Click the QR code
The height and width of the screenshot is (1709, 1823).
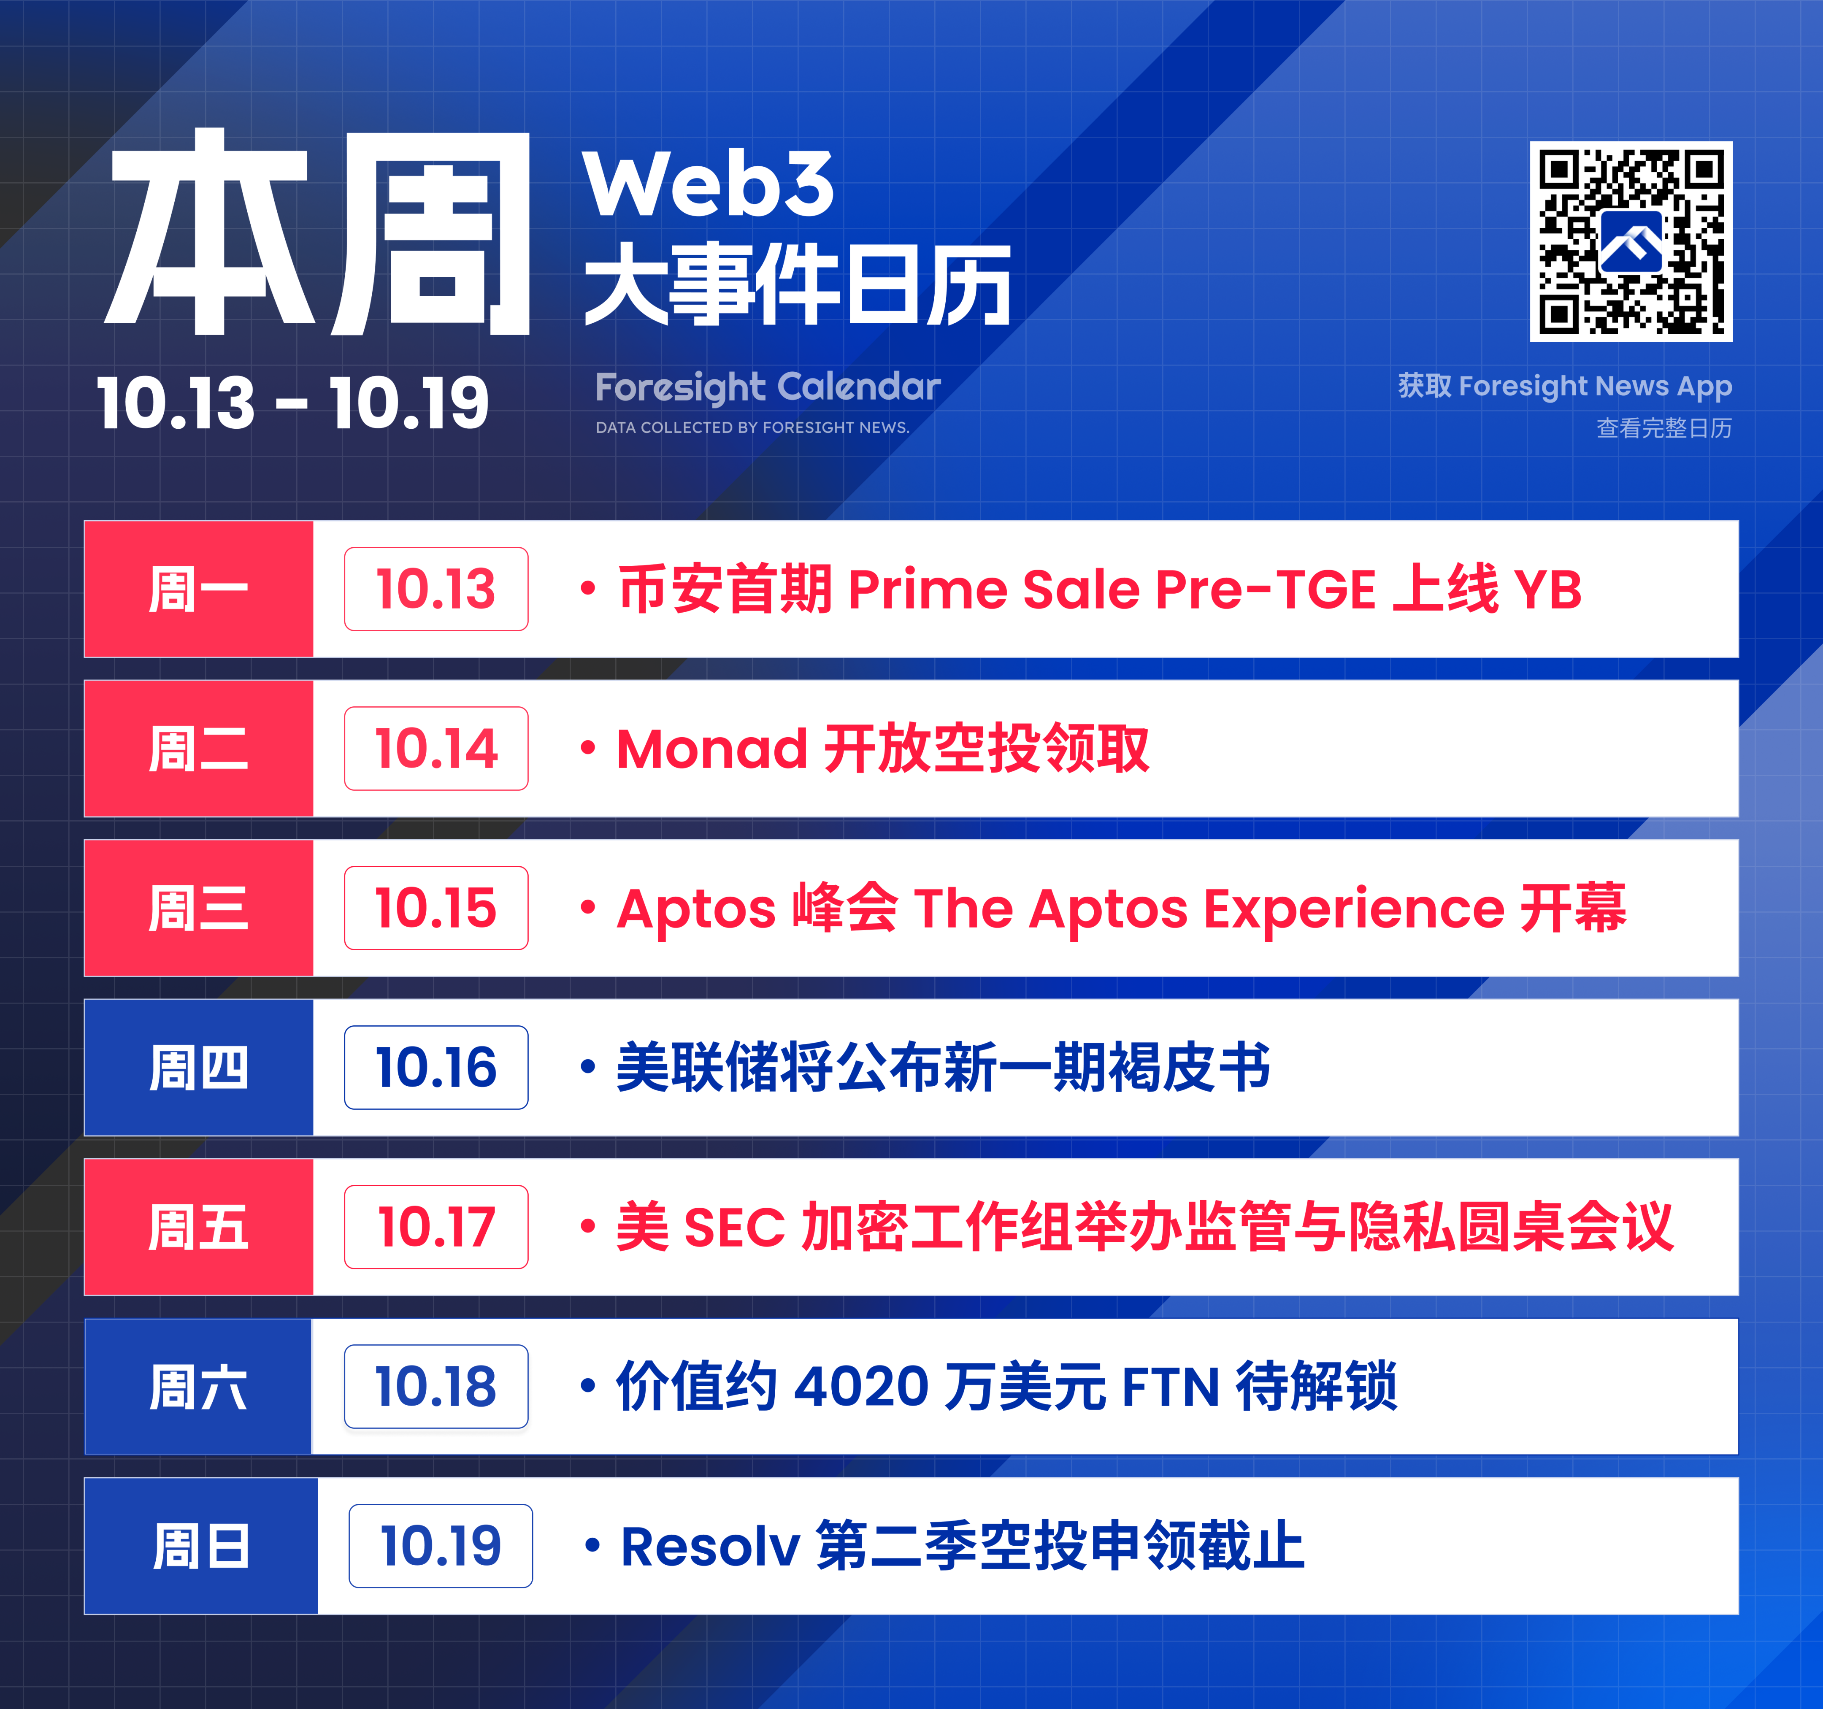coord(1631,241)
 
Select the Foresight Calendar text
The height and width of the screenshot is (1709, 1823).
coord(768,387)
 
